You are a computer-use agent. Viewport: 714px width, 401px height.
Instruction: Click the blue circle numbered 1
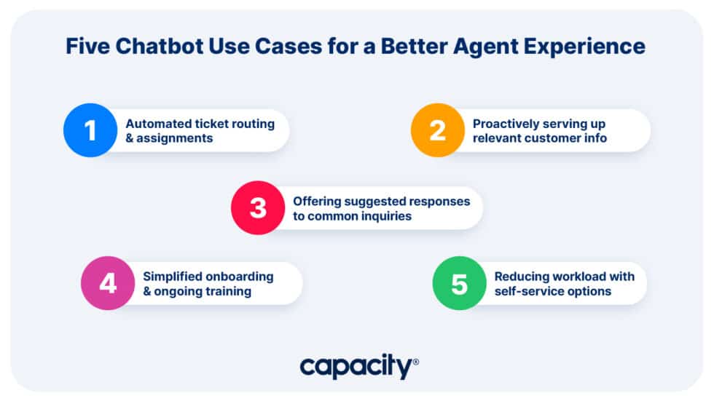pyautogui.click(x=90, y=130)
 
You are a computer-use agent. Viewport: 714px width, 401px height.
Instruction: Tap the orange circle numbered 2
pyautogui.click(x=437, y=130)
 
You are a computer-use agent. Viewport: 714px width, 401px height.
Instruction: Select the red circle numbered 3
pyautogui.click(x=258, y=207)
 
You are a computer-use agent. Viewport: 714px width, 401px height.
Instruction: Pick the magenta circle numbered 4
pyautogui.click(x=108, y=283)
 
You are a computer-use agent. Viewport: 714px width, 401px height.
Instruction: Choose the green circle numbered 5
pyautogui.click(x=459, y=283)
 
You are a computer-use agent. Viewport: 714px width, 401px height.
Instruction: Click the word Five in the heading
pyautogui.click(x=87, y=47)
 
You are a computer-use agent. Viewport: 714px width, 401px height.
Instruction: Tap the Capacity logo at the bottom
pyautogui.click(x=357, y=366)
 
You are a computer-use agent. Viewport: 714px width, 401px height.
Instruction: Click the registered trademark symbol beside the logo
pyautogui.click(x=416, y=361)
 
